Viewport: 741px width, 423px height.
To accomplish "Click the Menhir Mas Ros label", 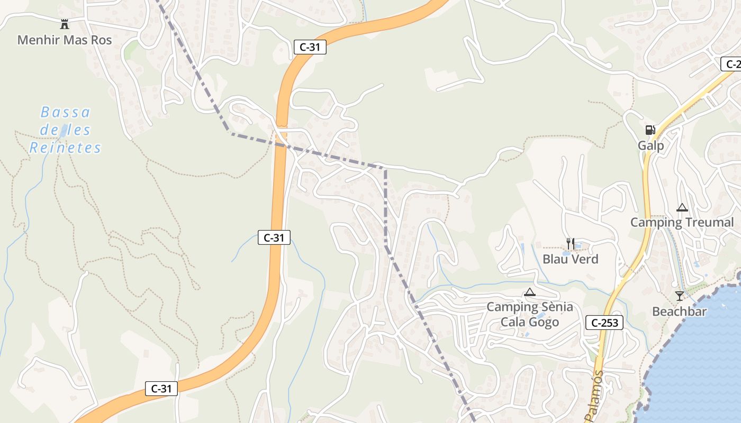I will (x=65, y=40).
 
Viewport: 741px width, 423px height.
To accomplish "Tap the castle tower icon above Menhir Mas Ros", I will (x=65, y=24).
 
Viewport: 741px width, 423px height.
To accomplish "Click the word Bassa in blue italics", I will (x=66, y=112).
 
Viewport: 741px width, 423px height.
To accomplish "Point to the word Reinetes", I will (x=65, y=148).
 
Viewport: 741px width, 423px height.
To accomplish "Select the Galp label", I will (x=650, y=145).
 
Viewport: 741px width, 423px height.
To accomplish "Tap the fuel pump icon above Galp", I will (x=650, y=130).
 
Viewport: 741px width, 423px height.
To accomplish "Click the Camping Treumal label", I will (x=682, y=222).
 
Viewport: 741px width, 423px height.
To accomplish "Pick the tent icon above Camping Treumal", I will (x=682, y=207).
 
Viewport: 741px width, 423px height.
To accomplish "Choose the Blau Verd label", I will (x=571, y=259).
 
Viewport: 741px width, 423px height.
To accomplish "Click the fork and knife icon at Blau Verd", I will (x=570, y=243).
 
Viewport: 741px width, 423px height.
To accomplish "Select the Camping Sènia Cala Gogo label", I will (x=529, y=314).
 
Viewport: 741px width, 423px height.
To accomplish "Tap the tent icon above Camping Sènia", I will (x=529, y=292).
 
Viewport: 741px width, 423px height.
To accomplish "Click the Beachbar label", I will (x=679, y=311).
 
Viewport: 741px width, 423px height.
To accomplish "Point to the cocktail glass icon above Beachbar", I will (x=679, y=296).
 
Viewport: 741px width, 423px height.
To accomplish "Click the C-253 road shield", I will (x=604, y=323).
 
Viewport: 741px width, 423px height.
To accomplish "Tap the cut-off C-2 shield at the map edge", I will (x=731, y=64).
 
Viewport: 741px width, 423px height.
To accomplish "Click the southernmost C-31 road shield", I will (x=161, y=389).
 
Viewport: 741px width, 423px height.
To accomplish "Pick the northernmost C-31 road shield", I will (x=310, y=47).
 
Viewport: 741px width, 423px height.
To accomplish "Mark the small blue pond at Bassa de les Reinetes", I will (x=64, y=130).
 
